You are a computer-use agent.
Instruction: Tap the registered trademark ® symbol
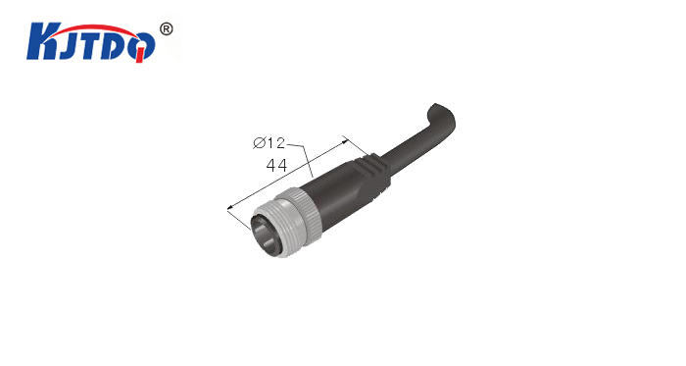point(166,29)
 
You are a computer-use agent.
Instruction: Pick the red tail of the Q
point(139,56)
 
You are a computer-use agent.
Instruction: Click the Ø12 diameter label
point(269,142)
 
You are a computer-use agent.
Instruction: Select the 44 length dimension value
point(276,165)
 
